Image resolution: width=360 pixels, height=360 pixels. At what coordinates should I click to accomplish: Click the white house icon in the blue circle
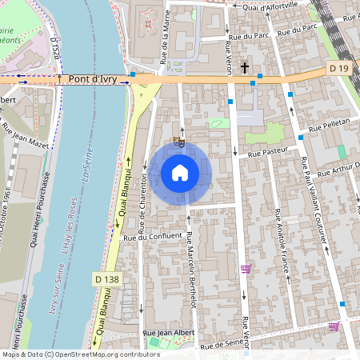click(180, 173)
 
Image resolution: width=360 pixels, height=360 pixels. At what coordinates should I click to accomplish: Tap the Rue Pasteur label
click(267, 151)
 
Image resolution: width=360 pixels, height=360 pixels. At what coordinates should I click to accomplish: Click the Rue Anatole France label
click(280, 241)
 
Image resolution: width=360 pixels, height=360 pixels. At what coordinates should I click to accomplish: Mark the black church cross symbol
click(244, 69)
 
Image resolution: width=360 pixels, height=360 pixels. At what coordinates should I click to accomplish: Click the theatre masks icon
click(180, 142)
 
